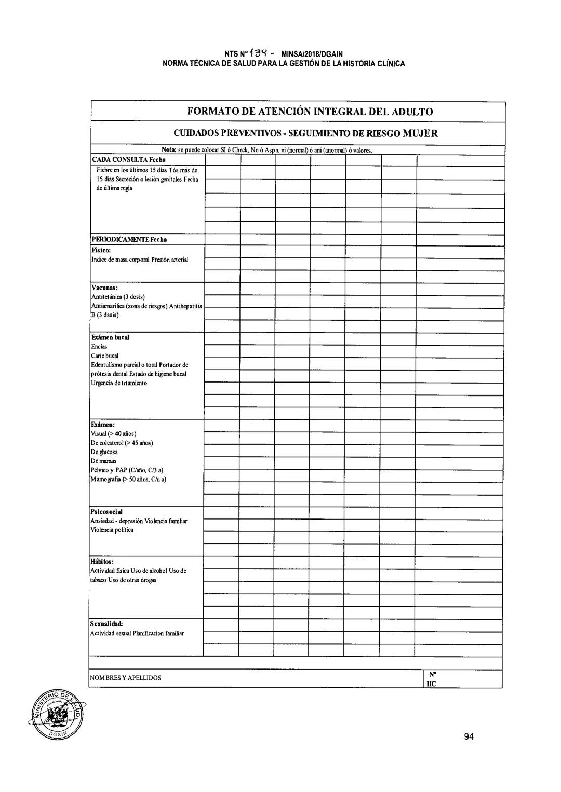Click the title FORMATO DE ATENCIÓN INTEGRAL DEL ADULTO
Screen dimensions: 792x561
(310, 112)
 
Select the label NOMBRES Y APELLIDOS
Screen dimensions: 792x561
(126, 678)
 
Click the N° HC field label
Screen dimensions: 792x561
(431, 679)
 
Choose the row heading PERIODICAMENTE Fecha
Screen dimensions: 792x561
(129, 240)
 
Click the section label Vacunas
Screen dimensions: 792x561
(105, 288)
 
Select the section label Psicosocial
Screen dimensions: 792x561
(107, 512)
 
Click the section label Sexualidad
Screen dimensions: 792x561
(106, 624)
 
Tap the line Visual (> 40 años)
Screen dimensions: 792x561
(114, 434)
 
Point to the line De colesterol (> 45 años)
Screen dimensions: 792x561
(122, 443)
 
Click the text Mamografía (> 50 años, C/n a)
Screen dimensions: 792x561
(128, 479)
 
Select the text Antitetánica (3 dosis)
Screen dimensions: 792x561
(117, 297)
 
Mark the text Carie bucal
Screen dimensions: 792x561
(105, 356)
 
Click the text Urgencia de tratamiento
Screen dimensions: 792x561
(119, 383)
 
